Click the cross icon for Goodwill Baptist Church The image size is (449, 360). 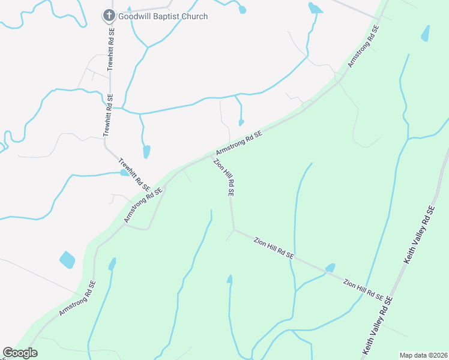click(x=109, y=16)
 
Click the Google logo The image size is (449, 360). click(x=20, y=352)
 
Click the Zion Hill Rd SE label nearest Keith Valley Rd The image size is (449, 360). click(x=364, y=288)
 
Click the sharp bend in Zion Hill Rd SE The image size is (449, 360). click(x=233, y=229)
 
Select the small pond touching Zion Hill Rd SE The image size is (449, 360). click(x=330, y=268)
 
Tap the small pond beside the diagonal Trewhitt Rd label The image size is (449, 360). click(x=124, y=173)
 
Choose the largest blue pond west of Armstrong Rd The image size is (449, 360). click(x=67, y=260)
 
